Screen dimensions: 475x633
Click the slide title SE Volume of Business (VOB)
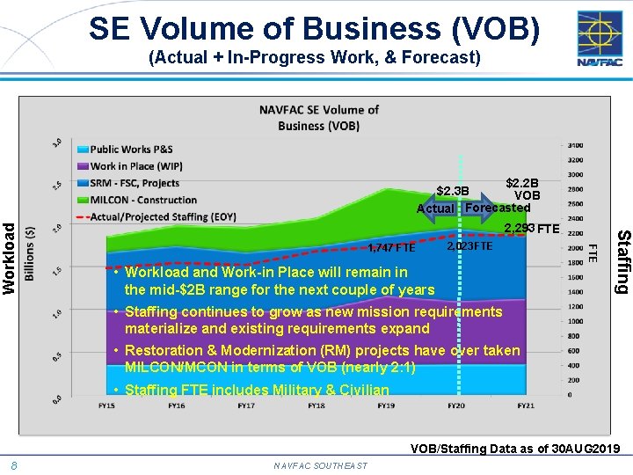click(314, 28)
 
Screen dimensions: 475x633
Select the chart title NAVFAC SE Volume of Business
click(318, 117)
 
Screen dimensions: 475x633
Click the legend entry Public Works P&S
click(131, 150)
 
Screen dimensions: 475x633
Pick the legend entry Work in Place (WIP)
click(136, 166)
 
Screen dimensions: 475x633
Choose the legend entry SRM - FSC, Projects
click(135, 183)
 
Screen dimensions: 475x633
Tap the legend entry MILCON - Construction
click(143, 200)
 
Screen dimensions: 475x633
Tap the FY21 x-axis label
click(526, 406)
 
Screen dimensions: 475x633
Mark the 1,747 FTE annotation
click(391, 247)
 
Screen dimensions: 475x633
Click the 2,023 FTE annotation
click(469, 246)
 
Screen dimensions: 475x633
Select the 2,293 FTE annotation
click(531, 230)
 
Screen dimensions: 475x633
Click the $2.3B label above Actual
click(453, 190)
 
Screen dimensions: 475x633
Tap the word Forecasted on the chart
click(498, 208)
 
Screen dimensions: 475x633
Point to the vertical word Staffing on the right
click(622, 261)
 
